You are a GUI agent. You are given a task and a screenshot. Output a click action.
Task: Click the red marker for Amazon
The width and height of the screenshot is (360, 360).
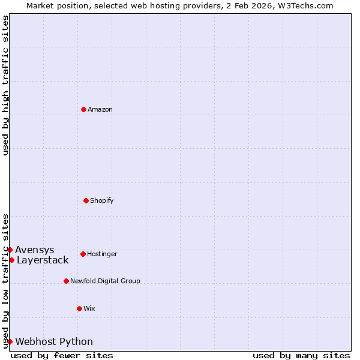coord(83,109)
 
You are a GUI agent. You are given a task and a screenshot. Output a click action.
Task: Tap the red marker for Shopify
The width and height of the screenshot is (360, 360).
coord(86,200)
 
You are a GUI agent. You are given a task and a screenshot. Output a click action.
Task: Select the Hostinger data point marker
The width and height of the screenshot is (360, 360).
coord(83,254)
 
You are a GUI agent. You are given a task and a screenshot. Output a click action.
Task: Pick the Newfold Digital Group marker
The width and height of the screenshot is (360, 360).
coord(66,281)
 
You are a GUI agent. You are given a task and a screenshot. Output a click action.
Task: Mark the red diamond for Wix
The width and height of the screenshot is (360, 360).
coord(79,308)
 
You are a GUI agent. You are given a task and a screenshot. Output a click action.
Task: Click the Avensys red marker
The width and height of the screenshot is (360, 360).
coord(10,250)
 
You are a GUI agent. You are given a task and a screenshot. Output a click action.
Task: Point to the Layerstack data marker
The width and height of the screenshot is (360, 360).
coord(11,260)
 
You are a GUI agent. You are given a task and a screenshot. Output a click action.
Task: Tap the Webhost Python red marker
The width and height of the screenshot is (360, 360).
coord(10,341)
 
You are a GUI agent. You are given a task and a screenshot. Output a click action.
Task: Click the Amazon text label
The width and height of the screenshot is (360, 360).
coord(100,109)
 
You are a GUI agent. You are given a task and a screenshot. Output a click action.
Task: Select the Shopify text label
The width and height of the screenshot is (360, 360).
coord(102,200)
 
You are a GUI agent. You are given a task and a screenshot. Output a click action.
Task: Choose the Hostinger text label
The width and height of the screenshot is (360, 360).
coord(102,254)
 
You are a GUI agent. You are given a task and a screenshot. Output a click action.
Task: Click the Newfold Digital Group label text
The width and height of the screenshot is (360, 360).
coord(105,281)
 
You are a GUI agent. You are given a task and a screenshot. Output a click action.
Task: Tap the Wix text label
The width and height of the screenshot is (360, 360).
coord(89,308)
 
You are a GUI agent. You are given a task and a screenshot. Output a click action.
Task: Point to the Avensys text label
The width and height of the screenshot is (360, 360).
coord(35,250)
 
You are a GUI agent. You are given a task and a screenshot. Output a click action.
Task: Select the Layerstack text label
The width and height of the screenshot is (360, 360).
coord(43,260)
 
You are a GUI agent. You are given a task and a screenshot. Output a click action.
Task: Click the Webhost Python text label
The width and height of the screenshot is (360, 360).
coord(54,341)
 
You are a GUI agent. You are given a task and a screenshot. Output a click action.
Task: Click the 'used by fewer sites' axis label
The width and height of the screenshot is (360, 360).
coord(62,355)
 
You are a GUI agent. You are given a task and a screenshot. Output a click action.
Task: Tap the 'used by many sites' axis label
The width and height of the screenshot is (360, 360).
coord(301,355)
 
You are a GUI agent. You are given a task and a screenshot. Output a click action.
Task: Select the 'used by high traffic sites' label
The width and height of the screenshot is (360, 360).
coord(5,85)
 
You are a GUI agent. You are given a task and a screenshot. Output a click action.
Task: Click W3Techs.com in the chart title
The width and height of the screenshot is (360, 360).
coord(304,5)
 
